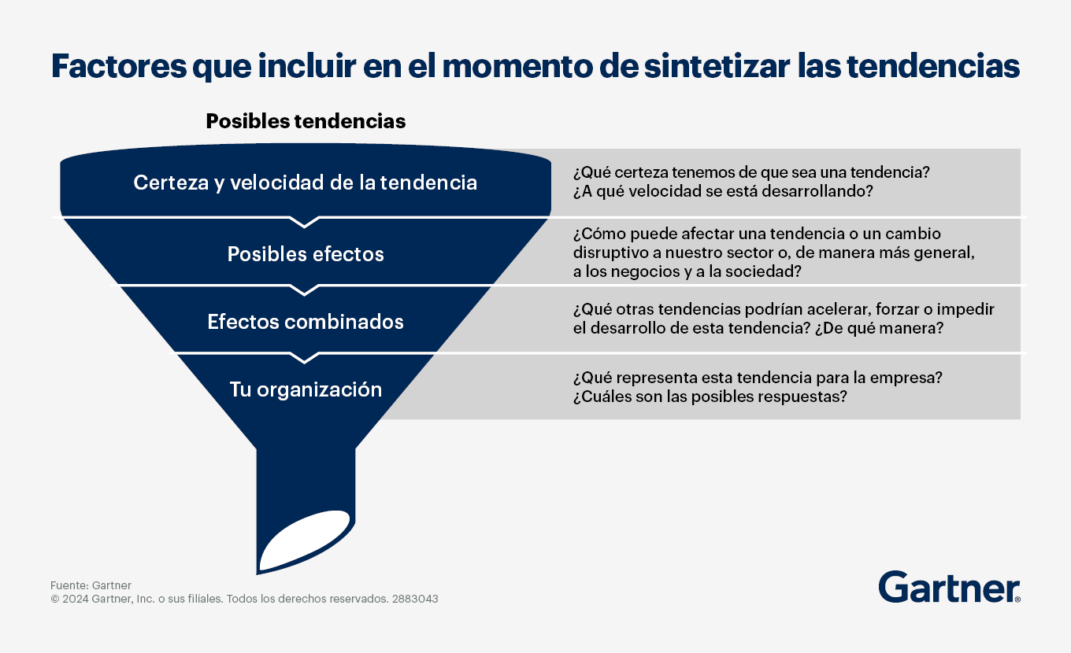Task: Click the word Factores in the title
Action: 119,66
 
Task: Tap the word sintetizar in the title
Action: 717,66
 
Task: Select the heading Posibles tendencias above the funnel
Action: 306,121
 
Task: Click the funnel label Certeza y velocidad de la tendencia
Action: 305,183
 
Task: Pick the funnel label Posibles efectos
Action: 306,253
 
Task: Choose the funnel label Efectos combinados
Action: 306,322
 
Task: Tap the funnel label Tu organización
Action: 306,389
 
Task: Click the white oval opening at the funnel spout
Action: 305,540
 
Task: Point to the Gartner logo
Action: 949,587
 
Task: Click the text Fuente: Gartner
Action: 91,585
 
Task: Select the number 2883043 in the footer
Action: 415,599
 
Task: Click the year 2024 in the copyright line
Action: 75,599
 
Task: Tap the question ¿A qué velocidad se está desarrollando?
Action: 723,191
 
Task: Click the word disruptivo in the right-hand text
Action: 610,253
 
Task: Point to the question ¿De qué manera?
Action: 879,328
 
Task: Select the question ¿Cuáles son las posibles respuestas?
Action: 710,397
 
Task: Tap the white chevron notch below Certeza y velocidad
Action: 305,222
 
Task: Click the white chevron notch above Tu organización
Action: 305,358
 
